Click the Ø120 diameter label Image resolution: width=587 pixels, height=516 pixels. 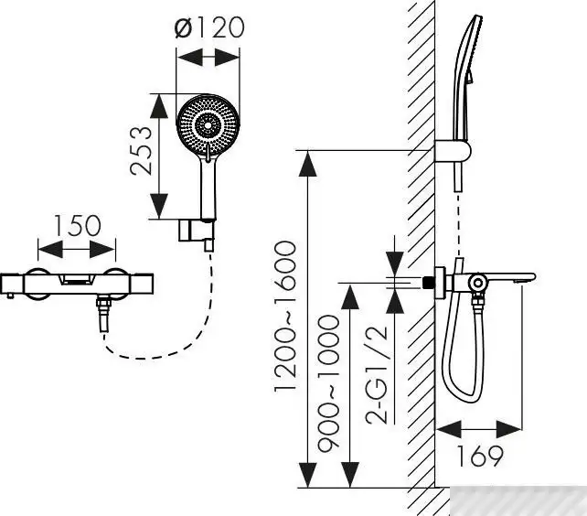tap(209, 27)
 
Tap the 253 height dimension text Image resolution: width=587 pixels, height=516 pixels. tap(142, 151)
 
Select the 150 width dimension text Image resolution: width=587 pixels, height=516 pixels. tap(78, 226)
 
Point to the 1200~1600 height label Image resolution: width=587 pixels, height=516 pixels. tap(285, 317)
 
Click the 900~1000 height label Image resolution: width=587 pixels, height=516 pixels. tap(328, 382)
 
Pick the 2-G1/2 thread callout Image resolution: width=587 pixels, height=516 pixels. tap(376, 375)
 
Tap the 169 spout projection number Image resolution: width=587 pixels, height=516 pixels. tap(480, 456)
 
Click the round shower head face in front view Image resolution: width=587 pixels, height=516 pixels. tap(208, 125)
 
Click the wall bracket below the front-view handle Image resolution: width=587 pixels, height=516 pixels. tap(196, 232)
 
